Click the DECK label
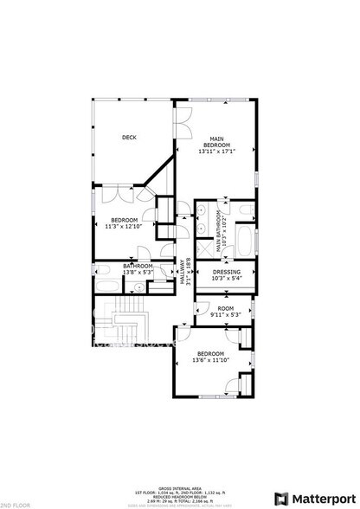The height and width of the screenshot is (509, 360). (x=130, y=138)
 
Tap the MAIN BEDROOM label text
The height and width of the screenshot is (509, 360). (x=217, y=140)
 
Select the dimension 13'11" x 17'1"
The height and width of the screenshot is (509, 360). (x=217, y=152)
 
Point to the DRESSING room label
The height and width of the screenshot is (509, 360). (x=226, y=272)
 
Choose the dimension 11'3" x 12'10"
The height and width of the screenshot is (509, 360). (x=124, y=227)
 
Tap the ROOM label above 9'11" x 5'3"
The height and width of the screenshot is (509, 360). (x=225, y=308)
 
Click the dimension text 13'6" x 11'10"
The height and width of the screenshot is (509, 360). (x=210, y=360)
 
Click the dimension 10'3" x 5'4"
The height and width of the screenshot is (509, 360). (x=226, y=279)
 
